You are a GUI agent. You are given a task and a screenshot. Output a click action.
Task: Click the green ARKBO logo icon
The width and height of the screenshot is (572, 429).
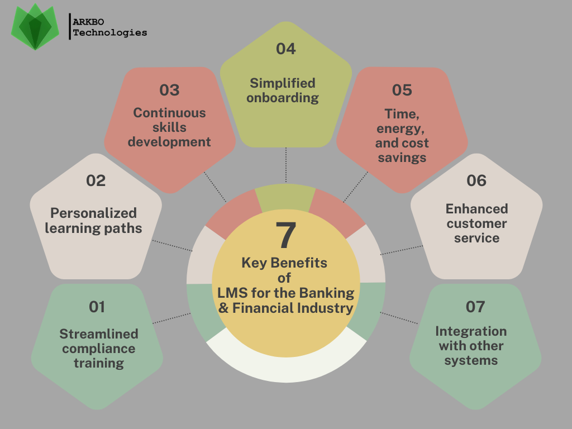35,27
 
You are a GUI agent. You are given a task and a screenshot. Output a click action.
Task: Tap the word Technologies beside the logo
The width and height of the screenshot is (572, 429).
110,33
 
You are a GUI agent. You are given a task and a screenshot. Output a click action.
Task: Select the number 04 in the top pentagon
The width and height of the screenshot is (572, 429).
285,49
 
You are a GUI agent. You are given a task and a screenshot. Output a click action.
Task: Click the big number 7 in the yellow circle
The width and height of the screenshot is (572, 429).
285,235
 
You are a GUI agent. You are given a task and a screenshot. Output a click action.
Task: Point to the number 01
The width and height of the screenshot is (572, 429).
97,307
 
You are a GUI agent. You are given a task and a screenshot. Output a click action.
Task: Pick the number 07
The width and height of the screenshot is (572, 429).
475,307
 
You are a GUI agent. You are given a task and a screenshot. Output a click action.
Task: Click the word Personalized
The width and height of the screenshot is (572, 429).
94,213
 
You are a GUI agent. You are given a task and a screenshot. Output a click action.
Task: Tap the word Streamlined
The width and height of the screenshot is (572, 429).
99,334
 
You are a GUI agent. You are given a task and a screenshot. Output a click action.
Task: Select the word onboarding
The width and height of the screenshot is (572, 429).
283,98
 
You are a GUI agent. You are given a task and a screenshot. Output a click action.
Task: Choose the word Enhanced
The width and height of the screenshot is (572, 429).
477,209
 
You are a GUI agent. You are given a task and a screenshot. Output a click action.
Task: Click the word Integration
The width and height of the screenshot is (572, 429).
471,331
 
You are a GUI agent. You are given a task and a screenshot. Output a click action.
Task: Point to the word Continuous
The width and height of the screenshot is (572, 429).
169,113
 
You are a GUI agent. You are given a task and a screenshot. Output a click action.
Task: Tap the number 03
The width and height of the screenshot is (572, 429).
170,90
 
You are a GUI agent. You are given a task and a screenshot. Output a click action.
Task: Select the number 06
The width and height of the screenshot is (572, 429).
476,180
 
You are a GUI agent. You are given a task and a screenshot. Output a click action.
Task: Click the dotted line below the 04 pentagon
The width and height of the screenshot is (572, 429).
286,165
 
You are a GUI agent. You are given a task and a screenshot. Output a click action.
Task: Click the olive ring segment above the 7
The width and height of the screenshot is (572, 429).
285,197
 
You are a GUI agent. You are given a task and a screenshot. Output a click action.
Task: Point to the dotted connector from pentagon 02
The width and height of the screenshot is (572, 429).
172,246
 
